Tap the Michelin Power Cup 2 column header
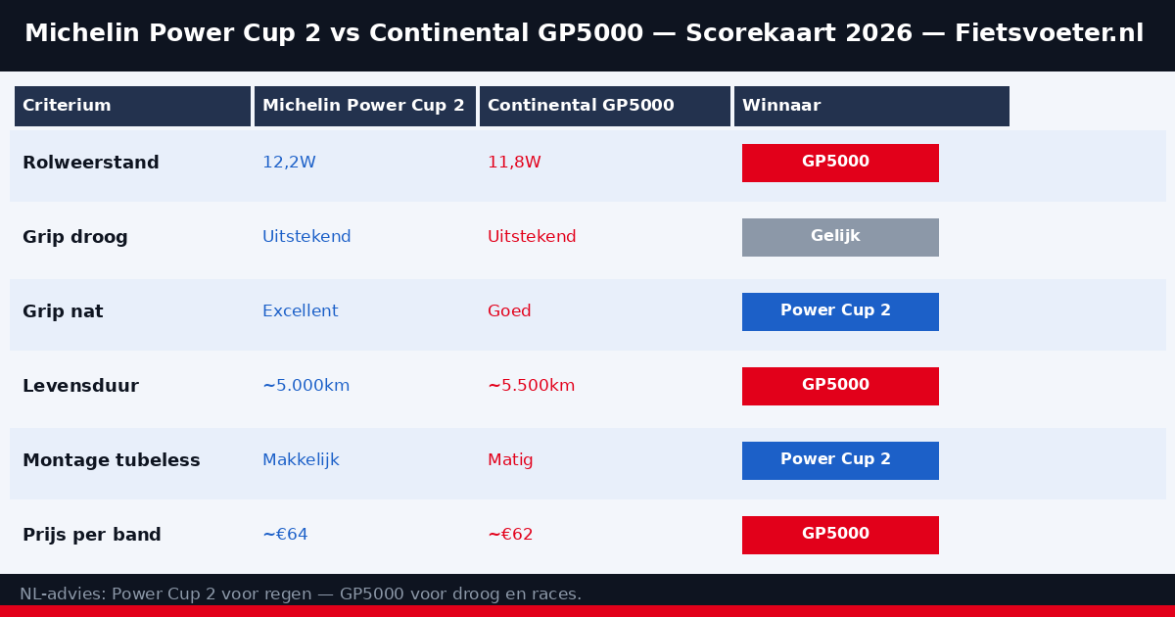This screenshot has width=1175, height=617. pos(363,106)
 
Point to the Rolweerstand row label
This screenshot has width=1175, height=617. pos(90,163)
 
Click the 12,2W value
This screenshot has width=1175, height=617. pos(289,163)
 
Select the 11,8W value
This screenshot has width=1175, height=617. pos(514,163)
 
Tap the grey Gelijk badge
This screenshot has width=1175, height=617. pos(840,237)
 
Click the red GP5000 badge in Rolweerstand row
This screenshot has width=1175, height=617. pos(840,163)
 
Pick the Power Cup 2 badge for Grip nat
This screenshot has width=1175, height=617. pos(840,311)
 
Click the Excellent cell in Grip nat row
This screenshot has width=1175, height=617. pos(300,311)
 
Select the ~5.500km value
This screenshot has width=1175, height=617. pos(531,386)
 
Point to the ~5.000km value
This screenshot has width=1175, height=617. pos(305,386)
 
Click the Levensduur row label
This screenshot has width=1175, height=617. pos(80,386)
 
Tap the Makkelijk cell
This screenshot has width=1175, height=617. pos(301,460)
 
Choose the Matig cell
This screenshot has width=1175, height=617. pos(510,460)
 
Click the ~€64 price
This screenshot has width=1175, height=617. pos(285,535)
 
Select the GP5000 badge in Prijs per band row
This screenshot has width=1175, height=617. pos(840,535)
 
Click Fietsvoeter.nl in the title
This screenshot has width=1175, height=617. pos(1062,33)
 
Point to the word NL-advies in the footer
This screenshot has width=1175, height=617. pos(63,594)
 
